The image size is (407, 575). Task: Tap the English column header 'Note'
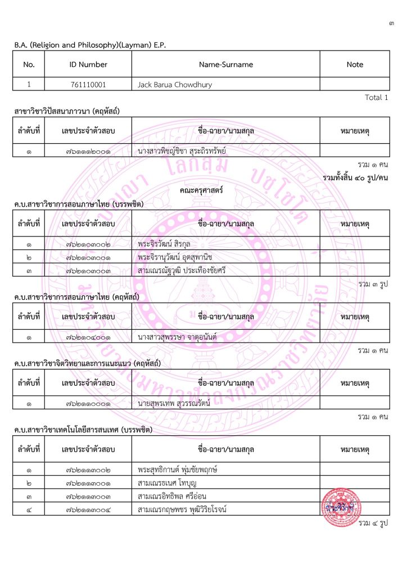tap(355, 65)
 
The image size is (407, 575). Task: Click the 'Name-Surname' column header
tap(226, 65)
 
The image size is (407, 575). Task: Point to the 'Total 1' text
tap(377, 98)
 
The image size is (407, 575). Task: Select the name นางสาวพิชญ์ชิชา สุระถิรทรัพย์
tap(185, 152)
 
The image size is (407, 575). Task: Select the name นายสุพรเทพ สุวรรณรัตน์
tap(178, 404)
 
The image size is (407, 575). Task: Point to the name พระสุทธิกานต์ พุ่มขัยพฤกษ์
tap(185, 469)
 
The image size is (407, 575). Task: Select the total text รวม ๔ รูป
tap(373, 523)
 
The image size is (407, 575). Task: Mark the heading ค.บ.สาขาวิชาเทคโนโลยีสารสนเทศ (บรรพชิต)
tap(83, 430)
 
